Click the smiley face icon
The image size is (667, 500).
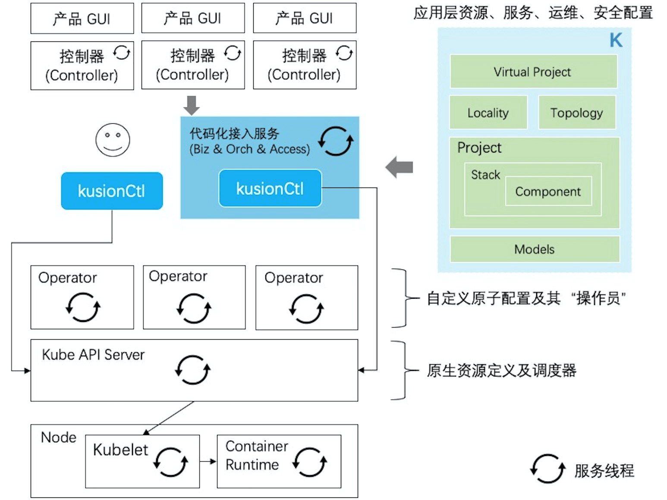(113, 140)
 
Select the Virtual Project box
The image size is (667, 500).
(533, 72)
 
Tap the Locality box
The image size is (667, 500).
(488, 113)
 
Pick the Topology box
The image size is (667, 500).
(577, 113)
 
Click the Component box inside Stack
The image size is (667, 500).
(548, 191)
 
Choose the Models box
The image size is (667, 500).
(535, 249)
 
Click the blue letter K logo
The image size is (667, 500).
(616, 41)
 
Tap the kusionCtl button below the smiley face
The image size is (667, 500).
(112, 191)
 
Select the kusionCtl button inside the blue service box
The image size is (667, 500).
(270, 188)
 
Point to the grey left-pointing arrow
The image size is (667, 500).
(399, 167)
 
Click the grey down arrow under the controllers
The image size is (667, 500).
(192, 105)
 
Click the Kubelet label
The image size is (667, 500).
(120, 450)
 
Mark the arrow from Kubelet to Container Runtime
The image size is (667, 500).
(208, 462)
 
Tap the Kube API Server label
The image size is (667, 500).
(93, 355)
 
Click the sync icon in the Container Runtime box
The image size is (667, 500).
(309, 462)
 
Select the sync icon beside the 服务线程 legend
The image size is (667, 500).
(547, 469)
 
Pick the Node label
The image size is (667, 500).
(58, 437)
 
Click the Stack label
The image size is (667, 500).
(485, 175)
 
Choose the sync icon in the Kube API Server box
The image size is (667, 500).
(192, 370)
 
